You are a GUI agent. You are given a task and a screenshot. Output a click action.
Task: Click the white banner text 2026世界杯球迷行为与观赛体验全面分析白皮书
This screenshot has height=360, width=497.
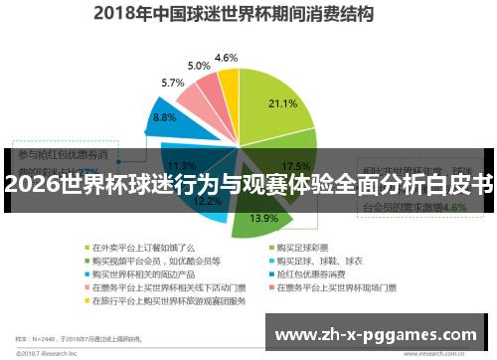pos(248,184)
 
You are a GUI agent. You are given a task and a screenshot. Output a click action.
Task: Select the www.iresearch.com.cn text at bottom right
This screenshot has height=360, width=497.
pos(446,352)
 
